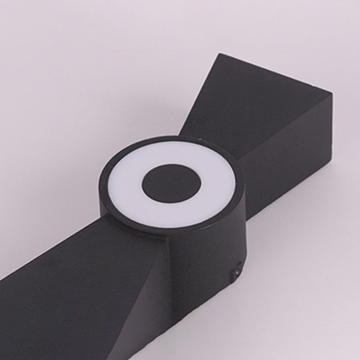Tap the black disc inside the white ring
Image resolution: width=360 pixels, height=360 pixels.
[x=171, y=183]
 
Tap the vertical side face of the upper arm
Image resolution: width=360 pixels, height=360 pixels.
[x=292, y=148]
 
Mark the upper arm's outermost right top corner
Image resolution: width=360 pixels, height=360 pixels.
[x=332, y=94]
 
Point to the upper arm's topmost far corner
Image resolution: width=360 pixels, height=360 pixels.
[x=220, y=54]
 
